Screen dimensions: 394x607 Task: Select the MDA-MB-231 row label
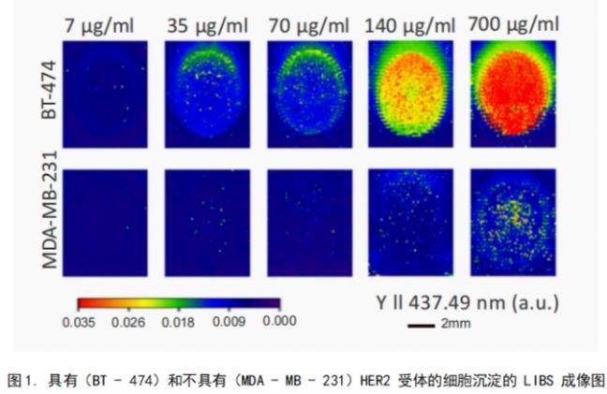(48, 211)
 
